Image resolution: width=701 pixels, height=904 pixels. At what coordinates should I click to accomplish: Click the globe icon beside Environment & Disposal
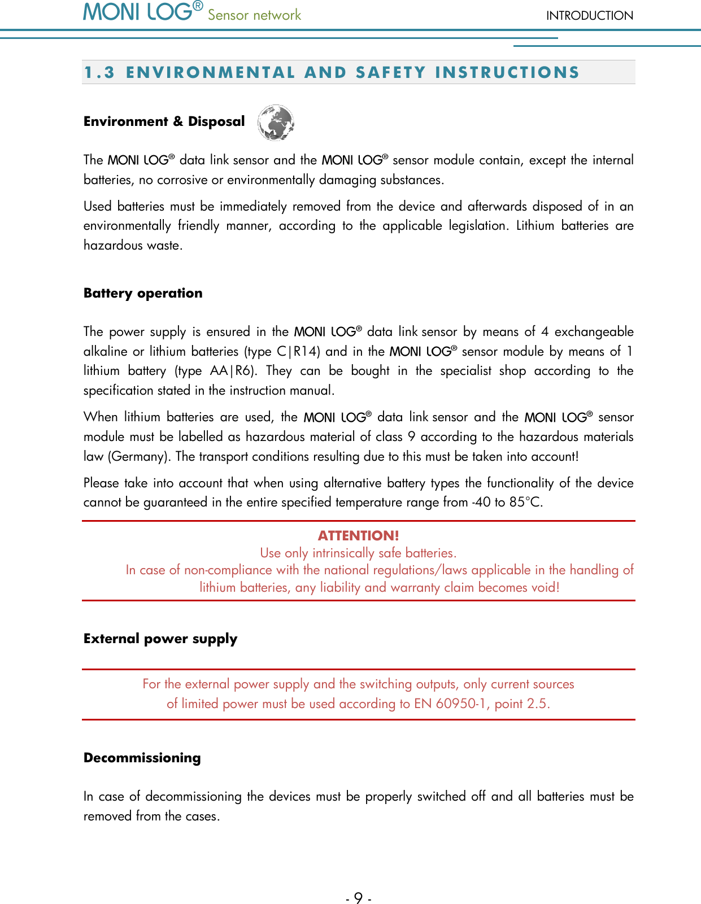276,122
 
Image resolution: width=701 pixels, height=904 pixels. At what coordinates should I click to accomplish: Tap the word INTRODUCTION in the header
589,16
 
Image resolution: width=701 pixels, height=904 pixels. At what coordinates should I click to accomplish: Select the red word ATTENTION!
358,535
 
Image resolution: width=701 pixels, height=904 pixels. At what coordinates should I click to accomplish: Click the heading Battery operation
143,293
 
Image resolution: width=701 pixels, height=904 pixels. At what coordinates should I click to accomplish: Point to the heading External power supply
160,639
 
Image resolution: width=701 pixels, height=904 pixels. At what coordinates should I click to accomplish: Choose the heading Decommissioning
142,758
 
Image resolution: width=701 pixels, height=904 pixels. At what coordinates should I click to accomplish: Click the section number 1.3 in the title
99,73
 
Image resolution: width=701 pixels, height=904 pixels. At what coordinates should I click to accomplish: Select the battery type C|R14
298,351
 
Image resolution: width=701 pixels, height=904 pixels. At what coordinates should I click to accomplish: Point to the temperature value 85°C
525,503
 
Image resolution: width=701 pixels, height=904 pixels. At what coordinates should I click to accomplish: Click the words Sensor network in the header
254,15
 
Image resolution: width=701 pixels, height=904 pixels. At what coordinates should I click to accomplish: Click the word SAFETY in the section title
390,73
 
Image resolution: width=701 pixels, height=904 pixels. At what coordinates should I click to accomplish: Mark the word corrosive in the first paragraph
182,180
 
